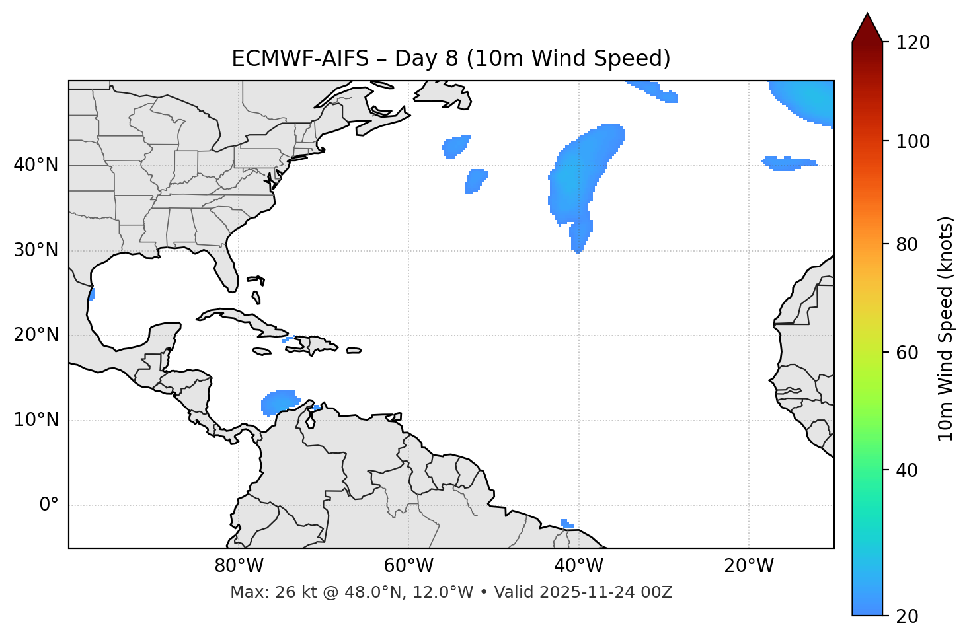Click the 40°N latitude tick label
pyautogui.click(x=36, y=165)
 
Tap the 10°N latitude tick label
pyautogui.click(x=36, y=420)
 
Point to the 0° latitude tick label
pyautogui.click(x=48, y=505)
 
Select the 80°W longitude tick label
pyautogui.click(x=239, y=566)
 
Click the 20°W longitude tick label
pyautogui.click(x=749, y=566)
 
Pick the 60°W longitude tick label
pyautogui.click(x=408, y=566)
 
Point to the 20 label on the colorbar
pyautogui.click(x=906, y=616)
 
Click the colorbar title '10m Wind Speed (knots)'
pyautogui.click(x=946, y=328)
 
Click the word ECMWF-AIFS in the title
pyautogui.click(x=300, y=59)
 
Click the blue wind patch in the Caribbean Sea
pyautogui.click(x=280, y=402)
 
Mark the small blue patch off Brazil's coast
pyautogui.click(x=566, y=524)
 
